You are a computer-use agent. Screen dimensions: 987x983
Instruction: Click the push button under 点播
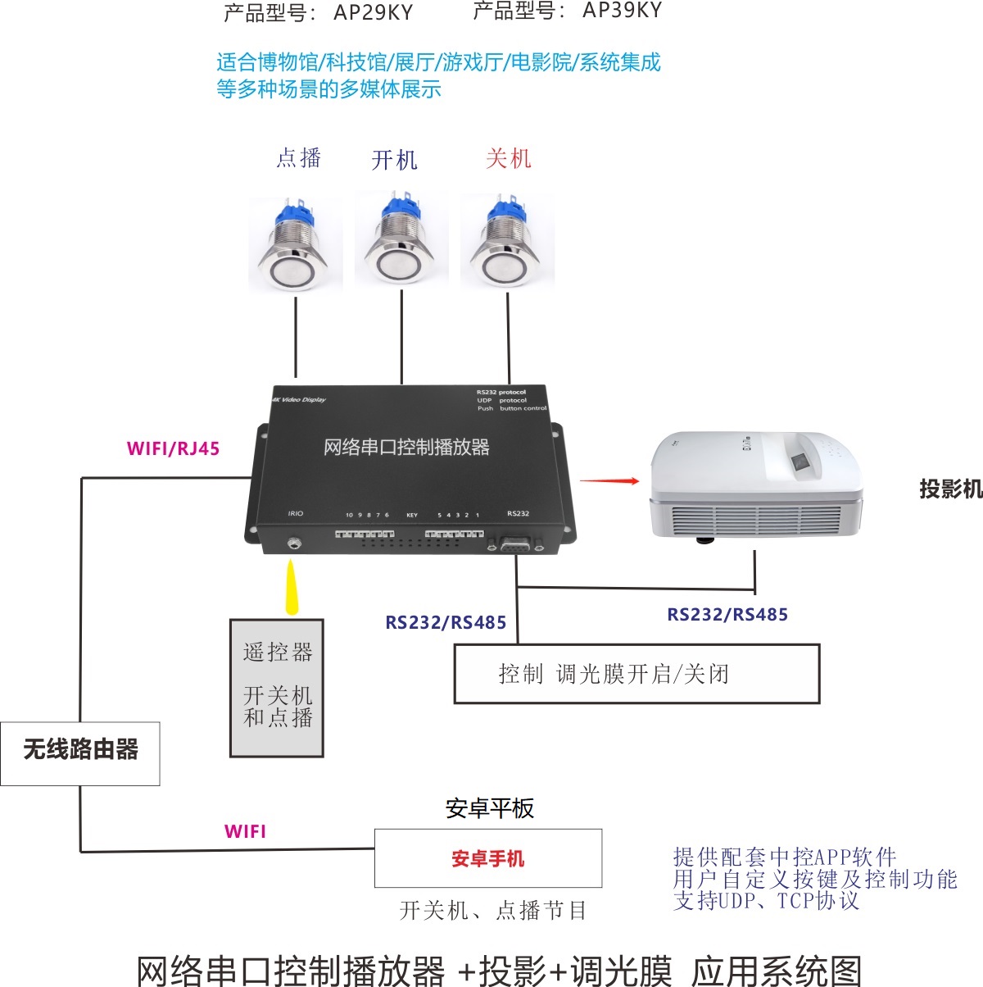click(295, 246)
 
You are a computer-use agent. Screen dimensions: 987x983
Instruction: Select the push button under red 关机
click(508, 244)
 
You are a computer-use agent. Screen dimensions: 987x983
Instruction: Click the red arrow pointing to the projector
click(609, 481)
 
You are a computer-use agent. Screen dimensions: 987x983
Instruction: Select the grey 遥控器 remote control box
click(277, 688)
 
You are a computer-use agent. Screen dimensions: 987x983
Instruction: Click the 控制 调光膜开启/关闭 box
click(636, 674)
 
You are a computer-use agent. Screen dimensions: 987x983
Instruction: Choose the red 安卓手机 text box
click(488, 858)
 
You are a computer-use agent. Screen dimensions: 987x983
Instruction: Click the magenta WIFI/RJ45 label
click(173, 448)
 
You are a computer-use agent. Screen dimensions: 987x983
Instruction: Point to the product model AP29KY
click(374, 13)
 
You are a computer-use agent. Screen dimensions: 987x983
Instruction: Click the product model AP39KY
click(622, 11)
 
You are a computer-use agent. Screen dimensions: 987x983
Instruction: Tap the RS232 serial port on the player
click(516, 544)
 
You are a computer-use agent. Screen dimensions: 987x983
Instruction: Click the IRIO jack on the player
click(293, 542)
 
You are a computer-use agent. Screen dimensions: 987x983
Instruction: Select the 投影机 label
click(950, 489)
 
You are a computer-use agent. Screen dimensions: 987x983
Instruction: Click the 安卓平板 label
click(489, 809)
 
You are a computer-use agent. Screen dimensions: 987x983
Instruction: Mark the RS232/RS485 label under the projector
click(727, 615)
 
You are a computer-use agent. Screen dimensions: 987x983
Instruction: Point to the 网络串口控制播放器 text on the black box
click(406, 448)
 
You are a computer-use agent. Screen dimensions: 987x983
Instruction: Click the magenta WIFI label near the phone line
click(245, 831)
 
